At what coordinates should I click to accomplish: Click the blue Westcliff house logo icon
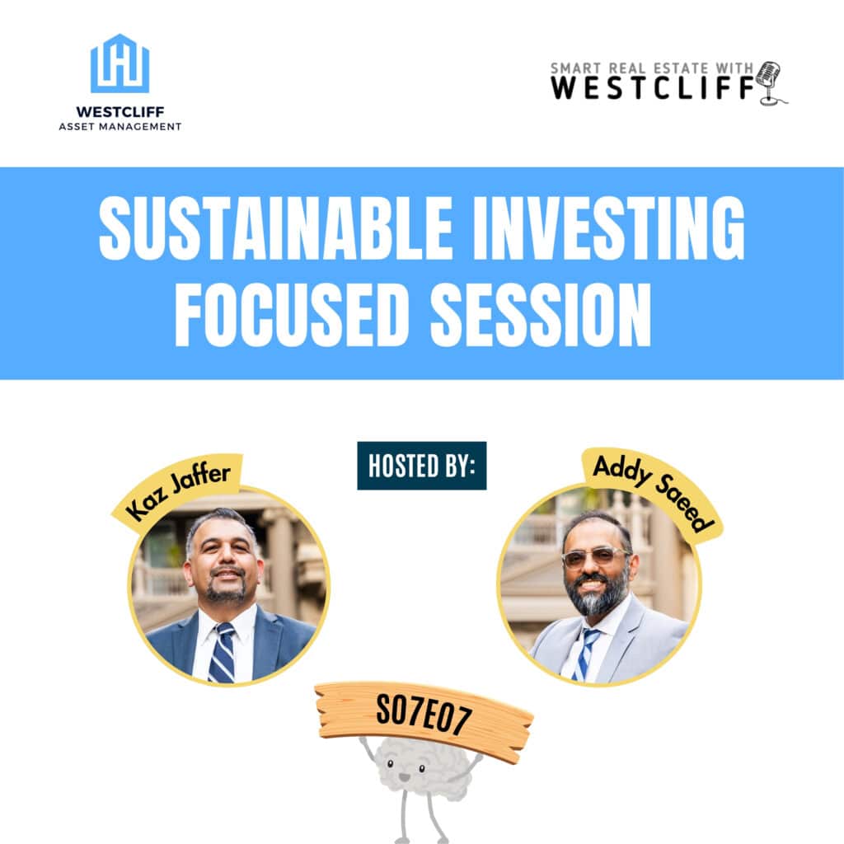[x=120, y=63]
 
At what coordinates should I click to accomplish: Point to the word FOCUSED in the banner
[x=293, y=316]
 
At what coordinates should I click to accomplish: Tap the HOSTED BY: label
[x=421, y=466]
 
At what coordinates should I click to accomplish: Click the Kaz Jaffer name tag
[x=178, y=491]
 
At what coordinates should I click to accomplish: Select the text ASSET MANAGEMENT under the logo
[x=120, y=126]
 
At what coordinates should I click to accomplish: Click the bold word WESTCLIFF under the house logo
[x=120, y=110]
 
